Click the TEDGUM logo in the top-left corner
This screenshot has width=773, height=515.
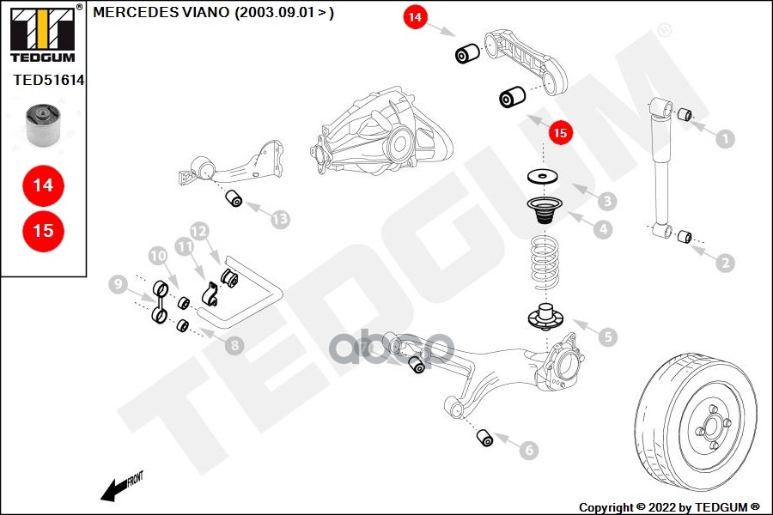[44, 33]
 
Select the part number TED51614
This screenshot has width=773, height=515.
[48, 81]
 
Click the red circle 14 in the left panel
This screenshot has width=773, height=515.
[44, 185]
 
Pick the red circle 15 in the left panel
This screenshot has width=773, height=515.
[44, 231]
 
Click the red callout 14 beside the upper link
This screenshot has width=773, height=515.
[415, 17]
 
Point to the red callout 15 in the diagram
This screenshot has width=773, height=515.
[561, 132]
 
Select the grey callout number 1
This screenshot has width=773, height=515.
[725, 139]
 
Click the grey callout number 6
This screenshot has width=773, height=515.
[529, 450]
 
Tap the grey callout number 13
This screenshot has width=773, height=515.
[281, 219]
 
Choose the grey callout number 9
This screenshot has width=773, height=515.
[118, 284]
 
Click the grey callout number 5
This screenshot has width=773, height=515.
[608, 337]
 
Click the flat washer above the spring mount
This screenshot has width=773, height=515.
[542, 176]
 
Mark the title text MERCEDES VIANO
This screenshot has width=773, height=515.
[161, 12]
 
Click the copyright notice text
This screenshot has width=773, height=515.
[669, 507]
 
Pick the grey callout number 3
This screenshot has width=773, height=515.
[607, 201]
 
